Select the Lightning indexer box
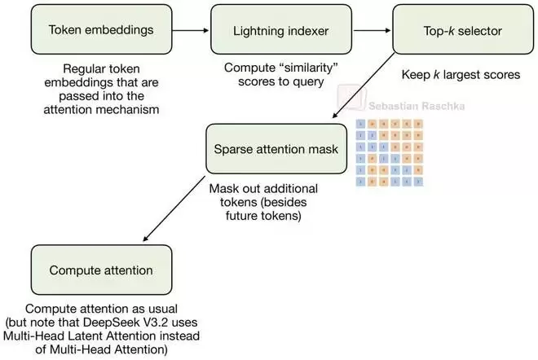(270, 30)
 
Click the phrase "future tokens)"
(268, 218)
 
